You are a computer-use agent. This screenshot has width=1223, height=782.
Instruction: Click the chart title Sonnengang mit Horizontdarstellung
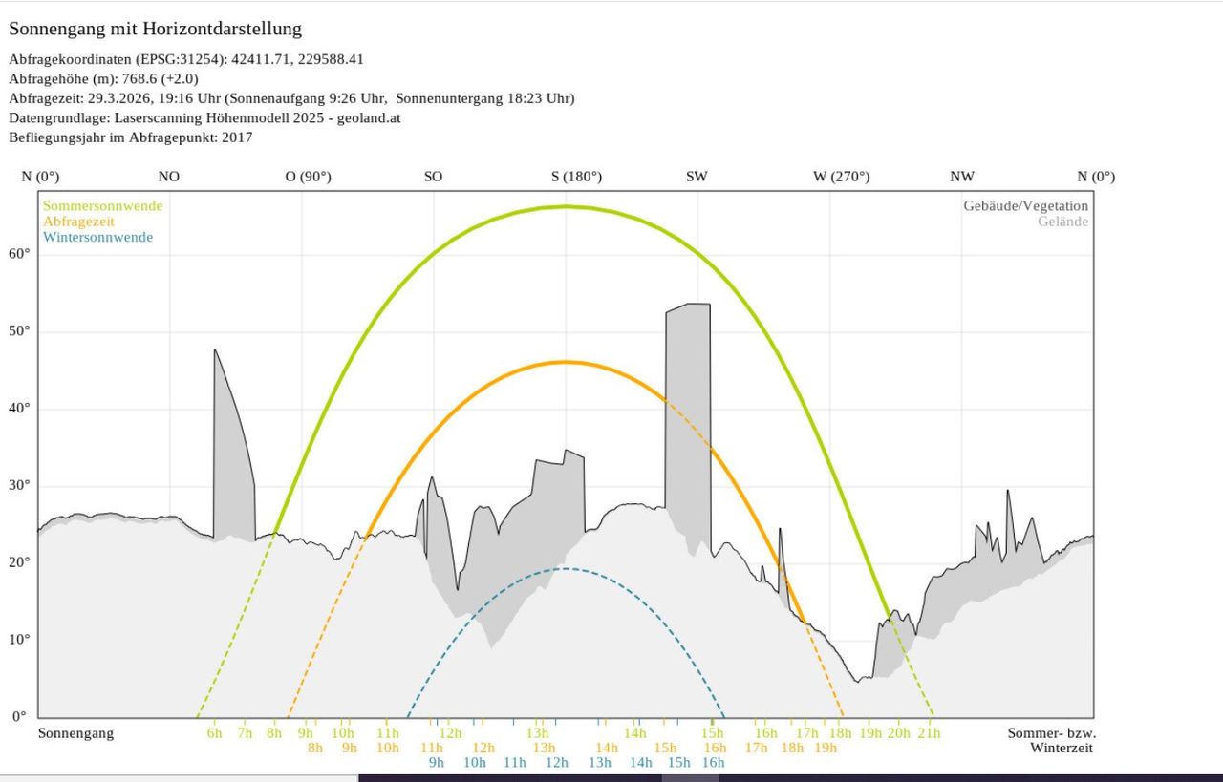tap(155, 29)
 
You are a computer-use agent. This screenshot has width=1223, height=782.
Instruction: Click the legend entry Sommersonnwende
tap(102, 206)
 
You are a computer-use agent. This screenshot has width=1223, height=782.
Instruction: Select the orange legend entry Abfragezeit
tap(78, 222)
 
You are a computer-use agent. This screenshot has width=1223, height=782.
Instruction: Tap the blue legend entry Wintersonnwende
tap(97, 238)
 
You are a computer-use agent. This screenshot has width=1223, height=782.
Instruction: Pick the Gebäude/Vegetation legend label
tap(1025, 206)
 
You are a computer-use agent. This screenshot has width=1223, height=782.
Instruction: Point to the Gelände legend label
tap(1062, 222)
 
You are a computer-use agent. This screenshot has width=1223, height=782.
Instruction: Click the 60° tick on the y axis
tap(20, 254)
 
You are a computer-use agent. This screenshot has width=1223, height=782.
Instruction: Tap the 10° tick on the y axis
tap(20, 640)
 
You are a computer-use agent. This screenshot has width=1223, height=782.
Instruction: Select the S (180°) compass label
tap(576, 177)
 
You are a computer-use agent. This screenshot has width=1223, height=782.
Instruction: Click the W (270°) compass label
tap(841, 177)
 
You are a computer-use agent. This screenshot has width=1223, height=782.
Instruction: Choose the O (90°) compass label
tap(308, 177)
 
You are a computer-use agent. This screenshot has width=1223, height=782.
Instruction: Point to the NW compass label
tap(961, 177)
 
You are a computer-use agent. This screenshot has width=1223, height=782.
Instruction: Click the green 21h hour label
tap(929, 733)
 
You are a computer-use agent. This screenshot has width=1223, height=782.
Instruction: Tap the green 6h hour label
tap(214, 733)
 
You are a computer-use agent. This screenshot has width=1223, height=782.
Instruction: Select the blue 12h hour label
tap(556, 762)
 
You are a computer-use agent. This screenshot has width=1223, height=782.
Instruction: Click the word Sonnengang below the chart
tap(75, 733)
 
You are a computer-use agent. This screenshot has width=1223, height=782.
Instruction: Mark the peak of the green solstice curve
tap(565, 206)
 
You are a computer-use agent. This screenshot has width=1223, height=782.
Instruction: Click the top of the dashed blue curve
tap(565, 569)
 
